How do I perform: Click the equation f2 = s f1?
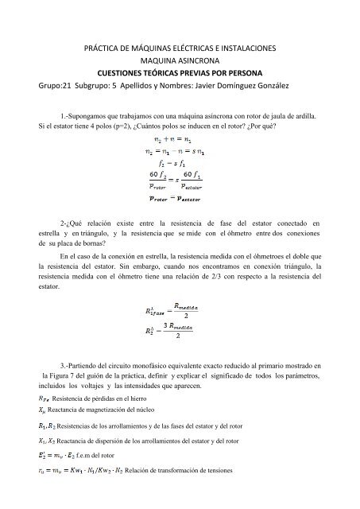[x=179, y=157]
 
